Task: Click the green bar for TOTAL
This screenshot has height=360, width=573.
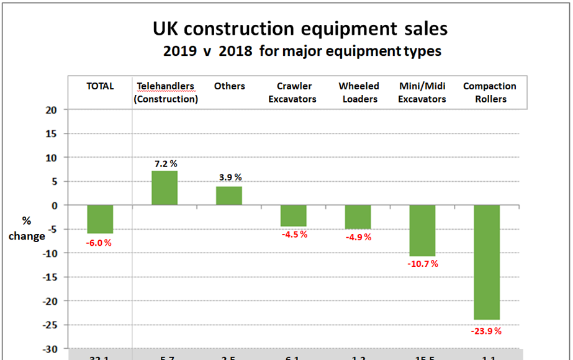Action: point(100,219)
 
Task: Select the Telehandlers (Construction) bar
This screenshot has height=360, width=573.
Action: point(165,188)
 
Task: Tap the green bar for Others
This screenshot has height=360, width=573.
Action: point(229,196)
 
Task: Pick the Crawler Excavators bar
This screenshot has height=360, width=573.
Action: point(294,215)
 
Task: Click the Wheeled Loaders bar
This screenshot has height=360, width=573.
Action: point(358,217)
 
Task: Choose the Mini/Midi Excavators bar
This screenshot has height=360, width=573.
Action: point(423,230)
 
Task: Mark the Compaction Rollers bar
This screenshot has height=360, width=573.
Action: point(487,262)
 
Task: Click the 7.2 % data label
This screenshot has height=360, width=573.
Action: point(166,164)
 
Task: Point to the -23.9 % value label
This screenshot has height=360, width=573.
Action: point(486,331)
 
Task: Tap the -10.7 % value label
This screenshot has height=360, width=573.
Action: point(423,264)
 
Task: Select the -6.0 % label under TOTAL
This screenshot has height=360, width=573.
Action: point(99,243)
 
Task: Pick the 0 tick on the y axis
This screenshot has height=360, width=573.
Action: point(55,205)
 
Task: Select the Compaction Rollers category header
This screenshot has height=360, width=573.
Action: point(489,92)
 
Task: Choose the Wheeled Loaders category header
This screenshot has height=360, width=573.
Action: point(359,92)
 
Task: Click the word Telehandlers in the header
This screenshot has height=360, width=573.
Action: point(165,86)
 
